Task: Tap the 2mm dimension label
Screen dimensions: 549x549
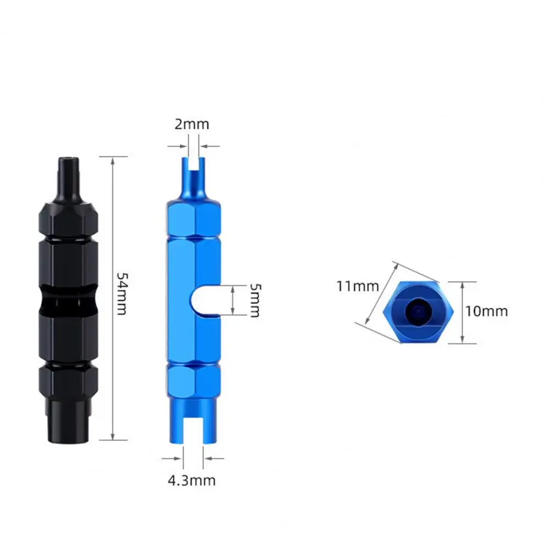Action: (x=192, y=124)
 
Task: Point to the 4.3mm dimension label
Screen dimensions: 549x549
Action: (x=191, y=480)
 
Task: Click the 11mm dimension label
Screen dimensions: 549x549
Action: (x=358, y=286)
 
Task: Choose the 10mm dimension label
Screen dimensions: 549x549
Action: (x=486, y=311)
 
